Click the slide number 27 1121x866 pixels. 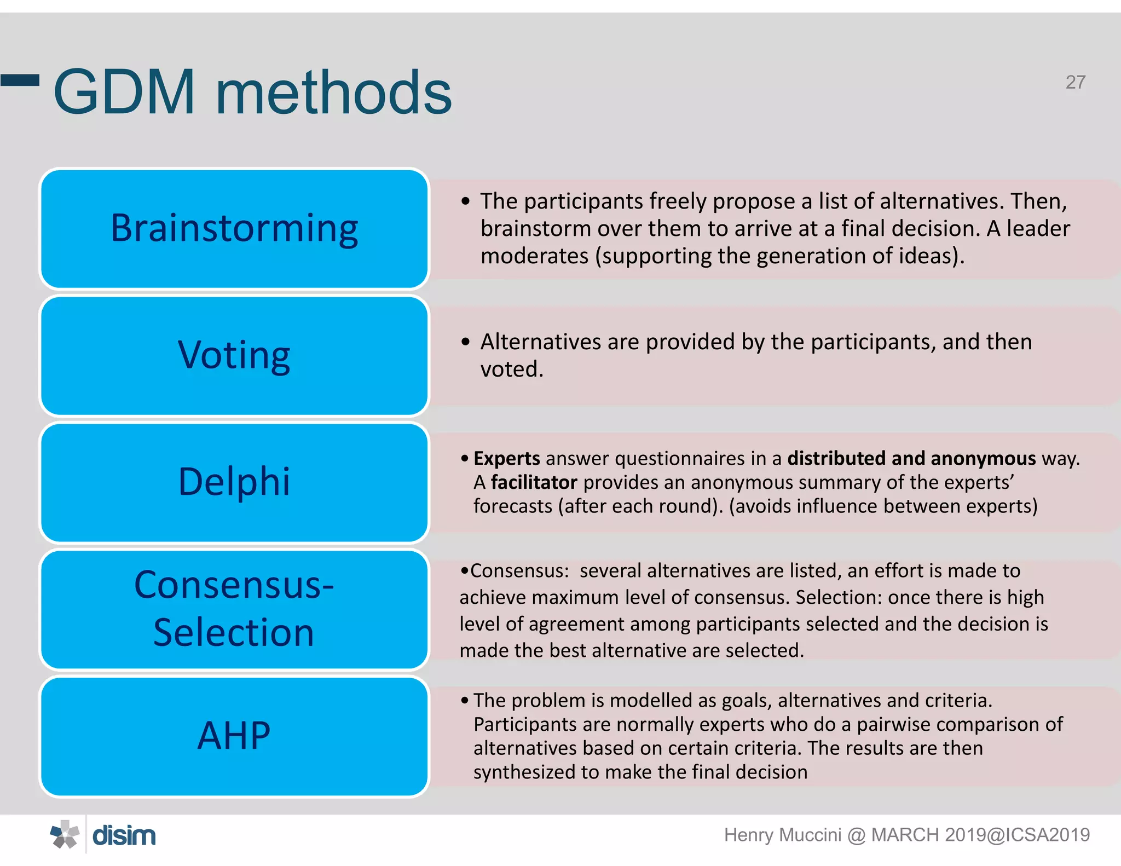(1075, 82)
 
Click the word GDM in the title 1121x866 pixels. (124, 93)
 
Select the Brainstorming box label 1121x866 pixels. (234, 228)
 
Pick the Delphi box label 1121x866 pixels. (234, 482)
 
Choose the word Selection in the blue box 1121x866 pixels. (234, 632)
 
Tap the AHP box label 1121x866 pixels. (234, 735)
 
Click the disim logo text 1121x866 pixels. (124, 835)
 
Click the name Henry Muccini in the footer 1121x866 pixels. (782, 835)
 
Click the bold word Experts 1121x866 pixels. (506, 458)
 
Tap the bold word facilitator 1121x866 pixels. (534, 482)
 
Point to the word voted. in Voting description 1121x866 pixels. (512, 370)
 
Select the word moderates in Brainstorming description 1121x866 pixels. (534, 256)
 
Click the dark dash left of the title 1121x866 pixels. (20, 80)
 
